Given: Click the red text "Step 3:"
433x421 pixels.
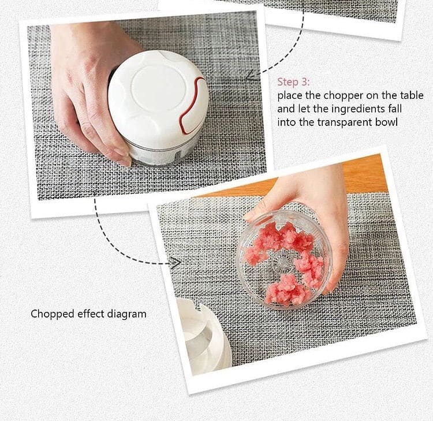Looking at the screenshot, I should [293, 82].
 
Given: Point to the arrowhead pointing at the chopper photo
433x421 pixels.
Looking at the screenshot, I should [251, 75].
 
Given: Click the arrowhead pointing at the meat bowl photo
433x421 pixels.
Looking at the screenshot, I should [174, 263].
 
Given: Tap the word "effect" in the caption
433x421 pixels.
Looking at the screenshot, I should [89, 314].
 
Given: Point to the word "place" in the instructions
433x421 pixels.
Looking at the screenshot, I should [290, 95].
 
